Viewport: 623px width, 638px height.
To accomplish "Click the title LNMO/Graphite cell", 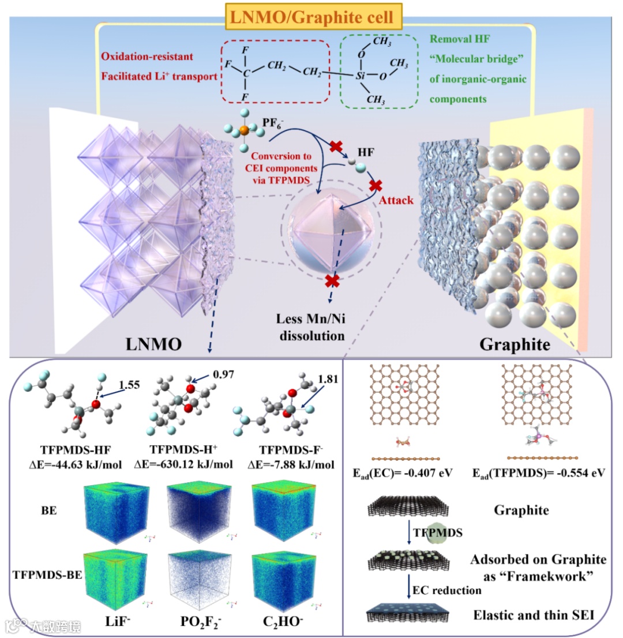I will click(312, 17).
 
